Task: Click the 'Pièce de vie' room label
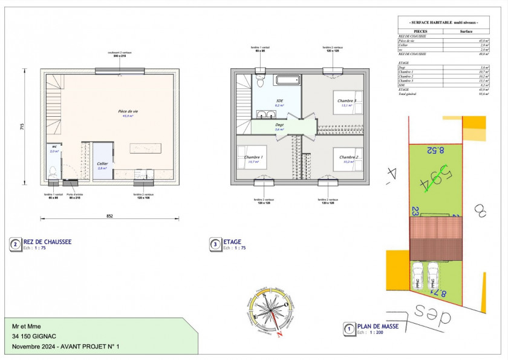point(128,111)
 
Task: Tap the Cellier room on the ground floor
point(102,164)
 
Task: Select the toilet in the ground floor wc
point(53,171)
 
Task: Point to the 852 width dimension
point(109,216)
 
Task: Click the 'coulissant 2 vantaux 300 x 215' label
point(119,54)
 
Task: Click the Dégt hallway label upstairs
point(279,125)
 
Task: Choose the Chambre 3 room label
point(347,100)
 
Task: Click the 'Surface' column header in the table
point(466,30)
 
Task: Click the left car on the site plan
point(418,277)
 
